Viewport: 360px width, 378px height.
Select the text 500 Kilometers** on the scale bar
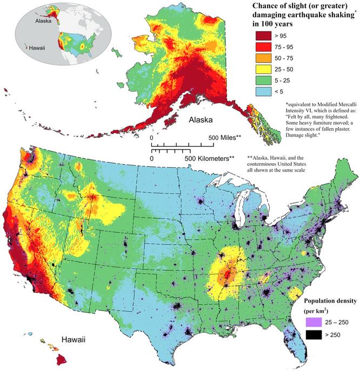pyautogui.click(x=211, y=159)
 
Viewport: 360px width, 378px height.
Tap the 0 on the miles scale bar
pyautogui.click(x=151, y=138)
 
